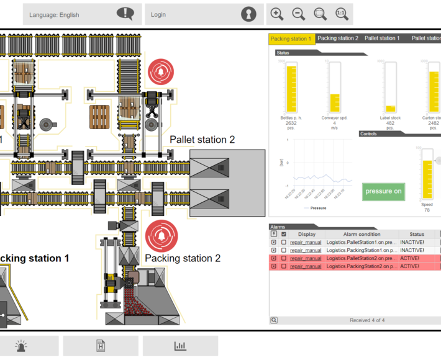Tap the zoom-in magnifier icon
[277, 14]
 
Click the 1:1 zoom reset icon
[341, 14]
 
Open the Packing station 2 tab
[338, 38]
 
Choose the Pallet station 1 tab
[382, 38]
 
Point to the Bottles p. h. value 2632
[291, 123]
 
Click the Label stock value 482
[390, 123]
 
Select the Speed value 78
[427, 210]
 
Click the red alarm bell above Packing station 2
[161, 236]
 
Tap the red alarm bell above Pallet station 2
[161, 72]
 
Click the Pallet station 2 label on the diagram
[202, 140]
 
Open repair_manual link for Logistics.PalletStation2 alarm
[306, 258]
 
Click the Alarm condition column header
[361, 234]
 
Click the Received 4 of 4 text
[366, 320]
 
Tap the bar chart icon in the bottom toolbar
[180, 346]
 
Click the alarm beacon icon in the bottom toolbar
[21, 346]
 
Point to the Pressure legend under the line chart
[317, 208]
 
